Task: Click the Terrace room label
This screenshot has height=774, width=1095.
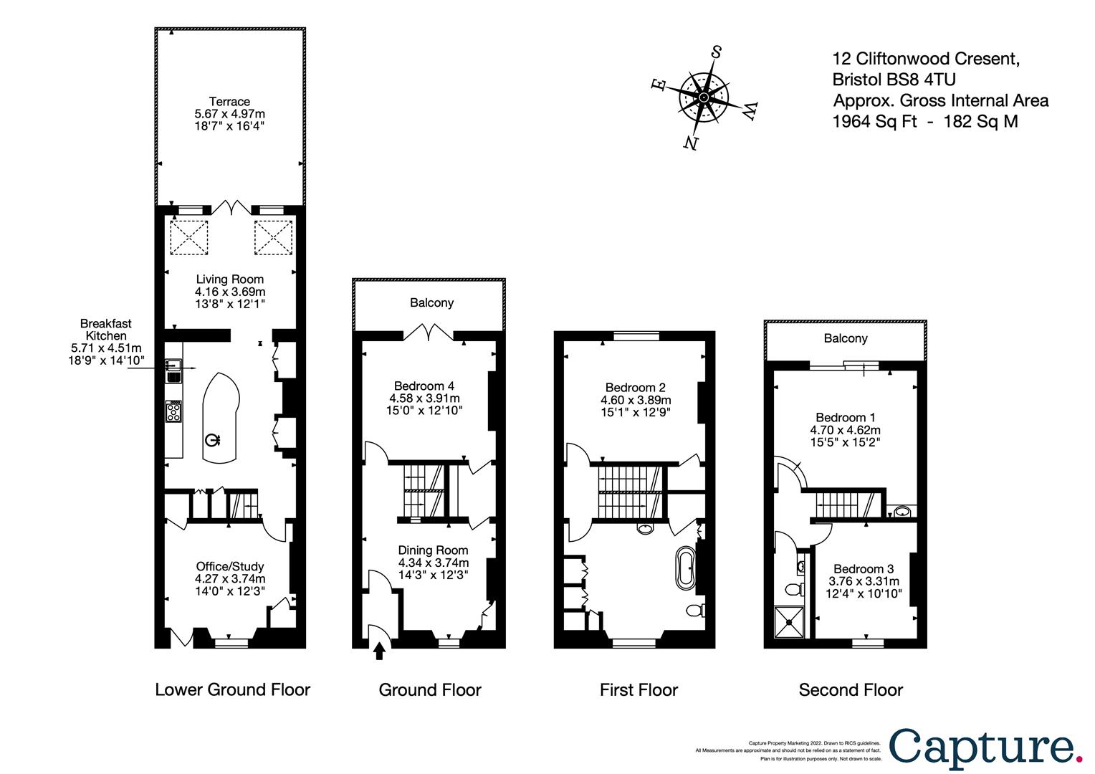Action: (x=229, y=102)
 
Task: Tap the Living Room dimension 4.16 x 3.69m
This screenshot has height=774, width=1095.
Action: (x=230, y=292)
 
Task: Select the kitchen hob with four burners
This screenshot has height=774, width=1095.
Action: (x=173, y=411)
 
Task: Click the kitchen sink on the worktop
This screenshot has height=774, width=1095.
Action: (x=173, y=372)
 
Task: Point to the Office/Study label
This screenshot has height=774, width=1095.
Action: (x=230, y=566)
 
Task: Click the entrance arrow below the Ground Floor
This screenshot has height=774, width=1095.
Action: (x=379, y=651)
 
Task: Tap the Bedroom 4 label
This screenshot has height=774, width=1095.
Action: (x=424, y=386)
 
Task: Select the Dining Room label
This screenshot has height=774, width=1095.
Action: (x=433, y=550)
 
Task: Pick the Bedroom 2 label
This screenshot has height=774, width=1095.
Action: (x=635, y=388)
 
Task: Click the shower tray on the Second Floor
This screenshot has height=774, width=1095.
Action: (x=789, y=622)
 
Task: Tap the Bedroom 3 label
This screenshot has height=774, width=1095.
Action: (x=864, y=568)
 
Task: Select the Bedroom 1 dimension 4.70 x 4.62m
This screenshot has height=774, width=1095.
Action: (x=845, y=430)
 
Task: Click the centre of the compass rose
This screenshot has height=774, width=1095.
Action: (x=704, y=97)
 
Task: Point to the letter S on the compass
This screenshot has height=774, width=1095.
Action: (x=716, y=52)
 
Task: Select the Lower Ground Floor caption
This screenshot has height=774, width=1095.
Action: (x=232, y=690)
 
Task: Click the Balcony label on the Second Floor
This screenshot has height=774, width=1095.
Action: (x=845, y=338)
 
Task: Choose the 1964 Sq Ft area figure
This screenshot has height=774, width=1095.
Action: (x=874, y=121)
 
